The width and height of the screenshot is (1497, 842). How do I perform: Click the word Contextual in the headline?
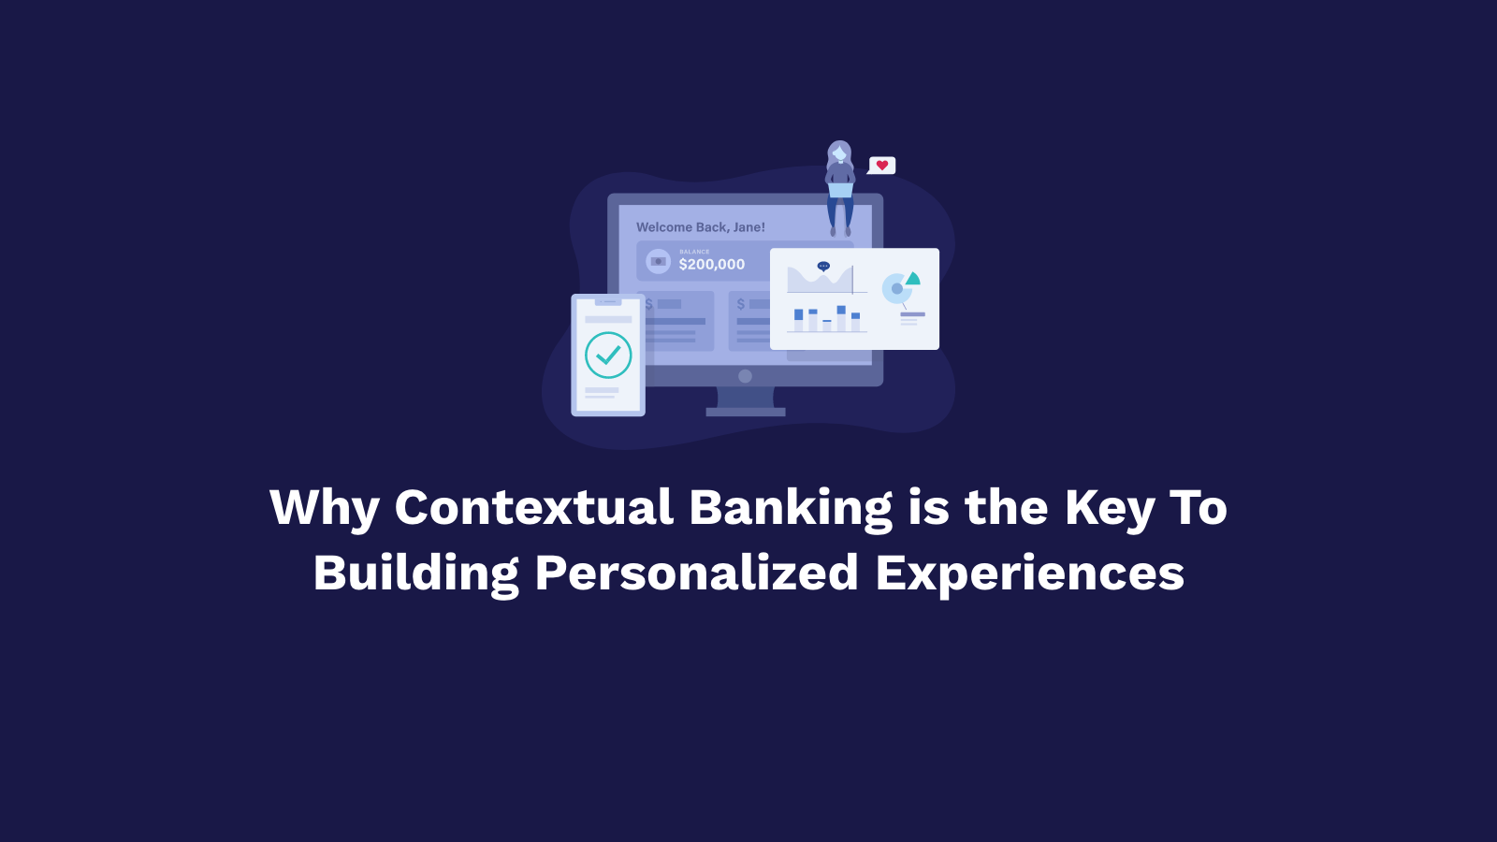click(533, 507)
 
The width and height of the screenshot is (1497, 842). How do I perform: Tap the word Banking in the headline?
click(791, 509)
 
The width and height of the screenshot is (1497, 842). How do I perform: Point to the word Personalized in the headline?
click(696, 573)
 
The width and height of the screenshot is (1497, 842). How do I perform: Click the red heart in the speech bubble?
click(882, 165)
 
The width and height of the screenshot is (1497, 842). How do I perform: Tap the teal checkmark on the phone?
click(608, 355)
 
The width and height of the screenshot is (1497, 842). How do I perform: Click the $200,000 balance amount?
click(712, 265)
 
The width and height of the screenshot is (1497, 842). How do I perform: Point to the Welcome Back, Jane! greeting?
click(701, 227)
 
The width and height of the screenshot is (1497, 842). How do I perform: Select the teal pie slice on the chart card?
click(913, 279)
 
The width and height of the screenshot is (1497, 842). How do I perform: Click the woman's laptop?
click(840, 191)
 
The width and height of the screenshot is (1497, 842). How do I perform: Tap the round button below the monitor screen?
click(745, 376)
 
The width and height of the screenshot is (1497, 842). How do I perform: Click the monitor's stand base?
click(746, 413)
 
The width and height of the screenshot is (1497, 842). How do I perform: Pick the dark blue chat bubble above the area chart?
click(823, 266)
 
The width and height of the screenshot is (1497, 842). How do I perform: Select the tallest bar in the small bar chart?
click(841, 319)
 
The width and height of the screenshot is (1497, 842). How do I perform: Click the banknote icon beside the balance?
click(659, 261)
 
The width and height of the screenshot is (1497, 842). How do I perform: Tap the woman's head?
click(839, 153)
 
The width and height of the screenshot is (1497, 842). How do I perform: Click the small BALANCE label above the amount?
click(694, 252)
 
